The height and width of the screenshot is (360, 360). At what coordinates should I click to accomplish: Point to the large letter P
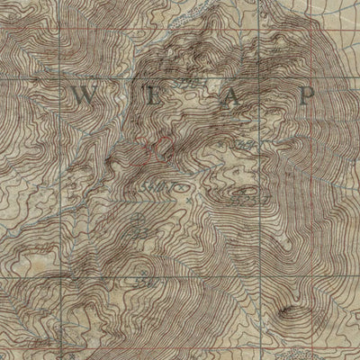tap(309, 94)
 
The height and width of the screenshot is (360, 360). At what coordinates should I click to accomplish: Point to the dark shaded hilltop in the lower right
tap(289, 311)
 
